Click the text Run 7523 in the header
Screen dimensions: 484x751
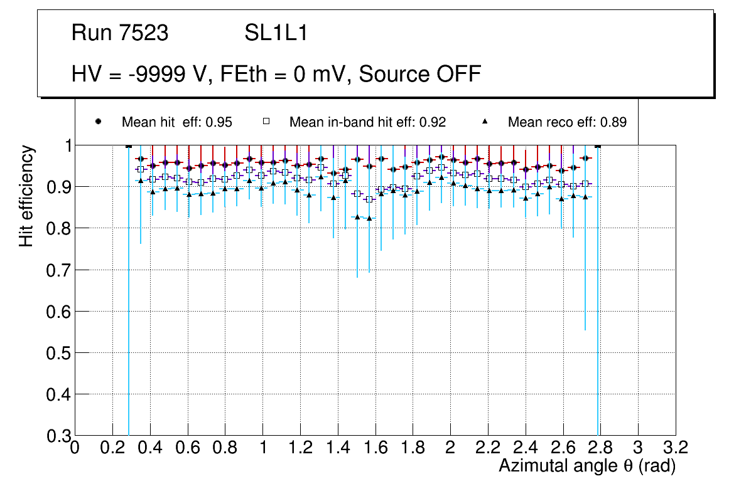(x=120, y=33)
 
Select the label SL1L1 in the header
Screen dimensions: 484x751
(x=276, y=33)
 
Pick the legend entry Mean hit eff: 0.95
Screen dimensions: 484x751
(x=176, y=122)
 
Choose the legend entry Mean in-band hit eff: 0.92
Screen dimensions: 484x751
(x=367, y=122)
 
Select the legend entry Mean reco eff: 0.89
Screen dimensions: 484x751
(x=567, y=122)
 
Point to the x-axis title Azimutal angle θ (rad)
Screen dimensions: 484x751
(x=587, y=466)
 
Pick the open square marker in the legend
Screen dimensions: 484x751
(x=266, y=122)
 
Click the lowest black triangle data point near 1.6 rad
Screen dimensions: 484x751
(x=369, y=218)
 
